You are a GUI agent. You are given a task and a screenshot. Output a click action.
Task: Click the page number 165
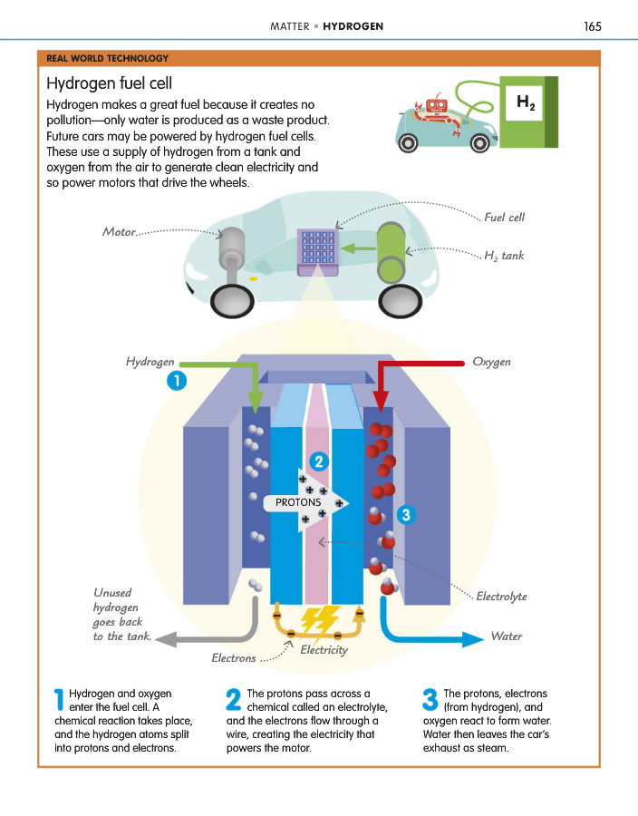(x=593, y=26)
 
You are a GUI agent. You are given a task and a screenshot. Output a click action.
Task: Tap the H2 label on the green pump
(x=525, y=102)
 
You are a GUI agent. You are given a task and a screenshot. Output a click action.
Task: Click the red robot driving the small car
(x=437, y=109)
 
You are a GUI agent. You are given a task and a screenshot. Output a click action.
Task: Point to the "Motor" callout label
(x=119, y=232)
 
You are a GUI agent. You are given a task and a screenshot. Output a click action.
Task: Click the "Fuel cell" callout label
(x=504, y=218)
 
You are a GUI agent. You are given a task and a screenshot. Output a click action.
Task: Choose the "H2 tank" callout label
(x=504, y=257)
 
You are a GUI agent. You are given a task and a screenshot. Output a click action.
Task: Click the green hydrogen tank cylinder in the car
(x=391, y=253)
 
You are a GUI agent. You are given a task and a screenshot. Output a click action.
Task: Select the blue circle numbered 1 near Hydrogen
(x=176, y=382)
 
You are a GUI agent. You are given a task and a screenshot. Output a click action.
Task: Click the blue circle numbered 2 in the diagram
(x=318, y=461)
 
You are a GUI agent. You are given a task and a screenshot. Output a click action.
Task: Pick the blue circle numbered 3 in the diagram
(x=405, y=515)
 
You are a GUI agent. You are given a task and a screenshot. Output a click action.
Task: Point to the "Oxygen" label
(x=491, y=362)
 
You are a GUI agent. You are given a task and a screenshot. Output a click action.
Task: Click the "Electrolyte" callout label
(x=501, y=597)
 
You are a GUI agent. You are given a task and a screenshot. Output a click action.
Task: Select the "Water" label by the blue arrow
(x=506, y=636)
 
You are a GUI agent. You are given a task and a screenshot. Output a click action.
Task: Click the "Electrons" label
(x=234, y=658)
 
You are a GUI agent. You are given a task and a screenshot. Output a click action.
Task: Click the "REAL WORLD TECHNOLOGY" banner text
(x=108, y=58)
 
